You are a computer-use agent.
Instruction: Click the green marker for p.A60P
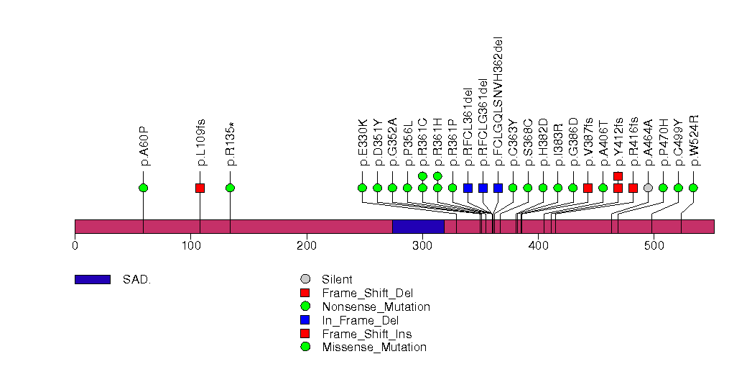(143, 188)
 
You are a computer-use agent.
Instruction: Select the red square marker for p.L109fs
(200, 188)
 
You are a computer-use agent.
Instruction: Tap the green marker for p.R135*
(230, 188)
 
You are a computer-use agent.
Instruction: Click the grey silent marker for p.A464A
(648, 188)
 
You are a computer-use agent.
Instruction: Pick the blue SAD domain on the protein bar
(418, 227)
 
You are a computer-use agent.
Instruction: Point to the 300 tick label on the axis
(422, 245)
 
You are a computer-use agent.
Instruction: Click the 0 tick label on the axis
(75, 245)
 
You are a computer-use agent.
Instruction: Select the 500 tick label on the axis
(654, 245)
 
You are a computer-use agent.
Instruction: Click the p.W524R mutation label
(694, 140)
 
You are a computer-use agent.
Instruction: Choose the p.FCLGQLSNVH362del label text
(498, 101)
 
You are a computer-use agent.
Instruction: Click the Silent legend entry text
(338, 279)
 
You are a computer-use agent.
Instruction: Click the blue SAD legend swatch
(92, 279)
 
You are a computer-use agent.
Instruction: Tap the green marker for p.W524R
(693, 188)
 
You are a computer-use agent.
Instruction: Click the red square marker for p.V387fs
(588, 188)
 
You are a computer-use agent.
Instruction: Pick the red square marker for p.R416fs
(633, 188)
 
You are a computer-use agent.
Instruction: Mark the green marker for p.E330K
(362, 188)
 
